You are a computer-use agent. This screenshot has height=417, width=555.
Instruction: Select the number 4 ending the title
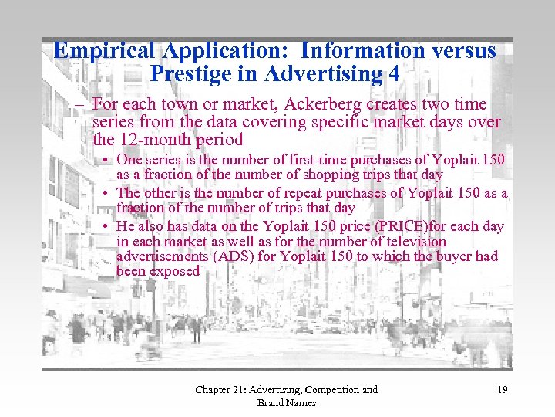pyautogui.click(x=397, y=75)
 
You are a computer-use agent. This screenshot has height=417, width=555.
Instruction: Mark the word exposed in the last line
pyautogui.click(x=175, y=271)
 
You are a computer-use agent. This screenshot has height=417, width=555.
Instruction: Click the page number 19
pyautogui.click(x=502, y=390)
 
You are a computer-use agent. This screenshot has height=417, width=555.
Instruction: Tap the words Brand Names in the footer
pyautogui.click(x=286, y=403)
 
